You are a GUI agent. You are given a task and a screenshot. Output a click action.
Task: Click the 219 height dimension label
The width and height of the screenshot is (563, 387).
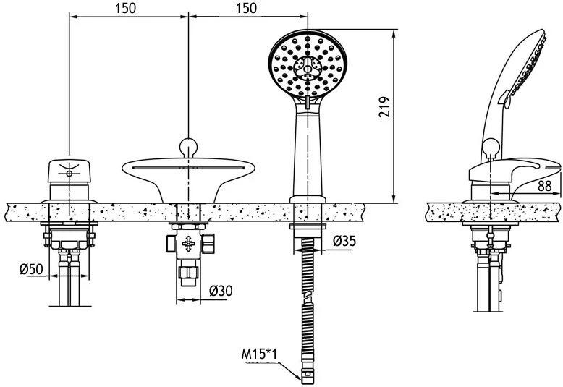point(384,106)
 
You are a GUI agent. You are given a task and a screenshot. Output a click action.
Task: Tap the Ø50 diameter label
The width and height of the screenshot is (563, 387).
point(31,269)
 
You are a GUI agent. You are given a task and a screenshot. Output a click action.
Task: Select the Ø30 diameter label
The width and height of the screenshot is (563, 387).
point(221,290)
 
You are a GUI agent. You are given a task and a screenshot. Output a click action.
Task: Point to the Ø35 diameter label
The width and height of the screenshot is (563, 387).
point(344,241)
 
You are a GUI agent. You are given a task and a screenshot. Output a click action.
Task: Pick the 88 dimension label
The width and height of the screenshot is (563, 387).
point(545,186)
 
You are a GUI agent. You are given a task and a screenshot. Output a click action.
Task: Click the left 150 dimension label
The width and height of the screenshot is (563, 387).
point(126,8)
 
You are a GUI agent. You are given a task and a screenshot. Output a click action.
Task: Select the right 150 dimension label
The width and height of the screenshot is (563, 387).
point(246,8)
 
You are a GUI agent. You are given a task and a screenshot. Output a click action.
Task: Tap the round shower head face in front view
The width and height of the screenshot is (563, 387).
point(308,64)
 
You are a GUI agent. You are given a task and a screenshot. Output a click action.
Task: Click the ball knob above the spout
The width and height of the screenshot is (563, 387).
point(188,147)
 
